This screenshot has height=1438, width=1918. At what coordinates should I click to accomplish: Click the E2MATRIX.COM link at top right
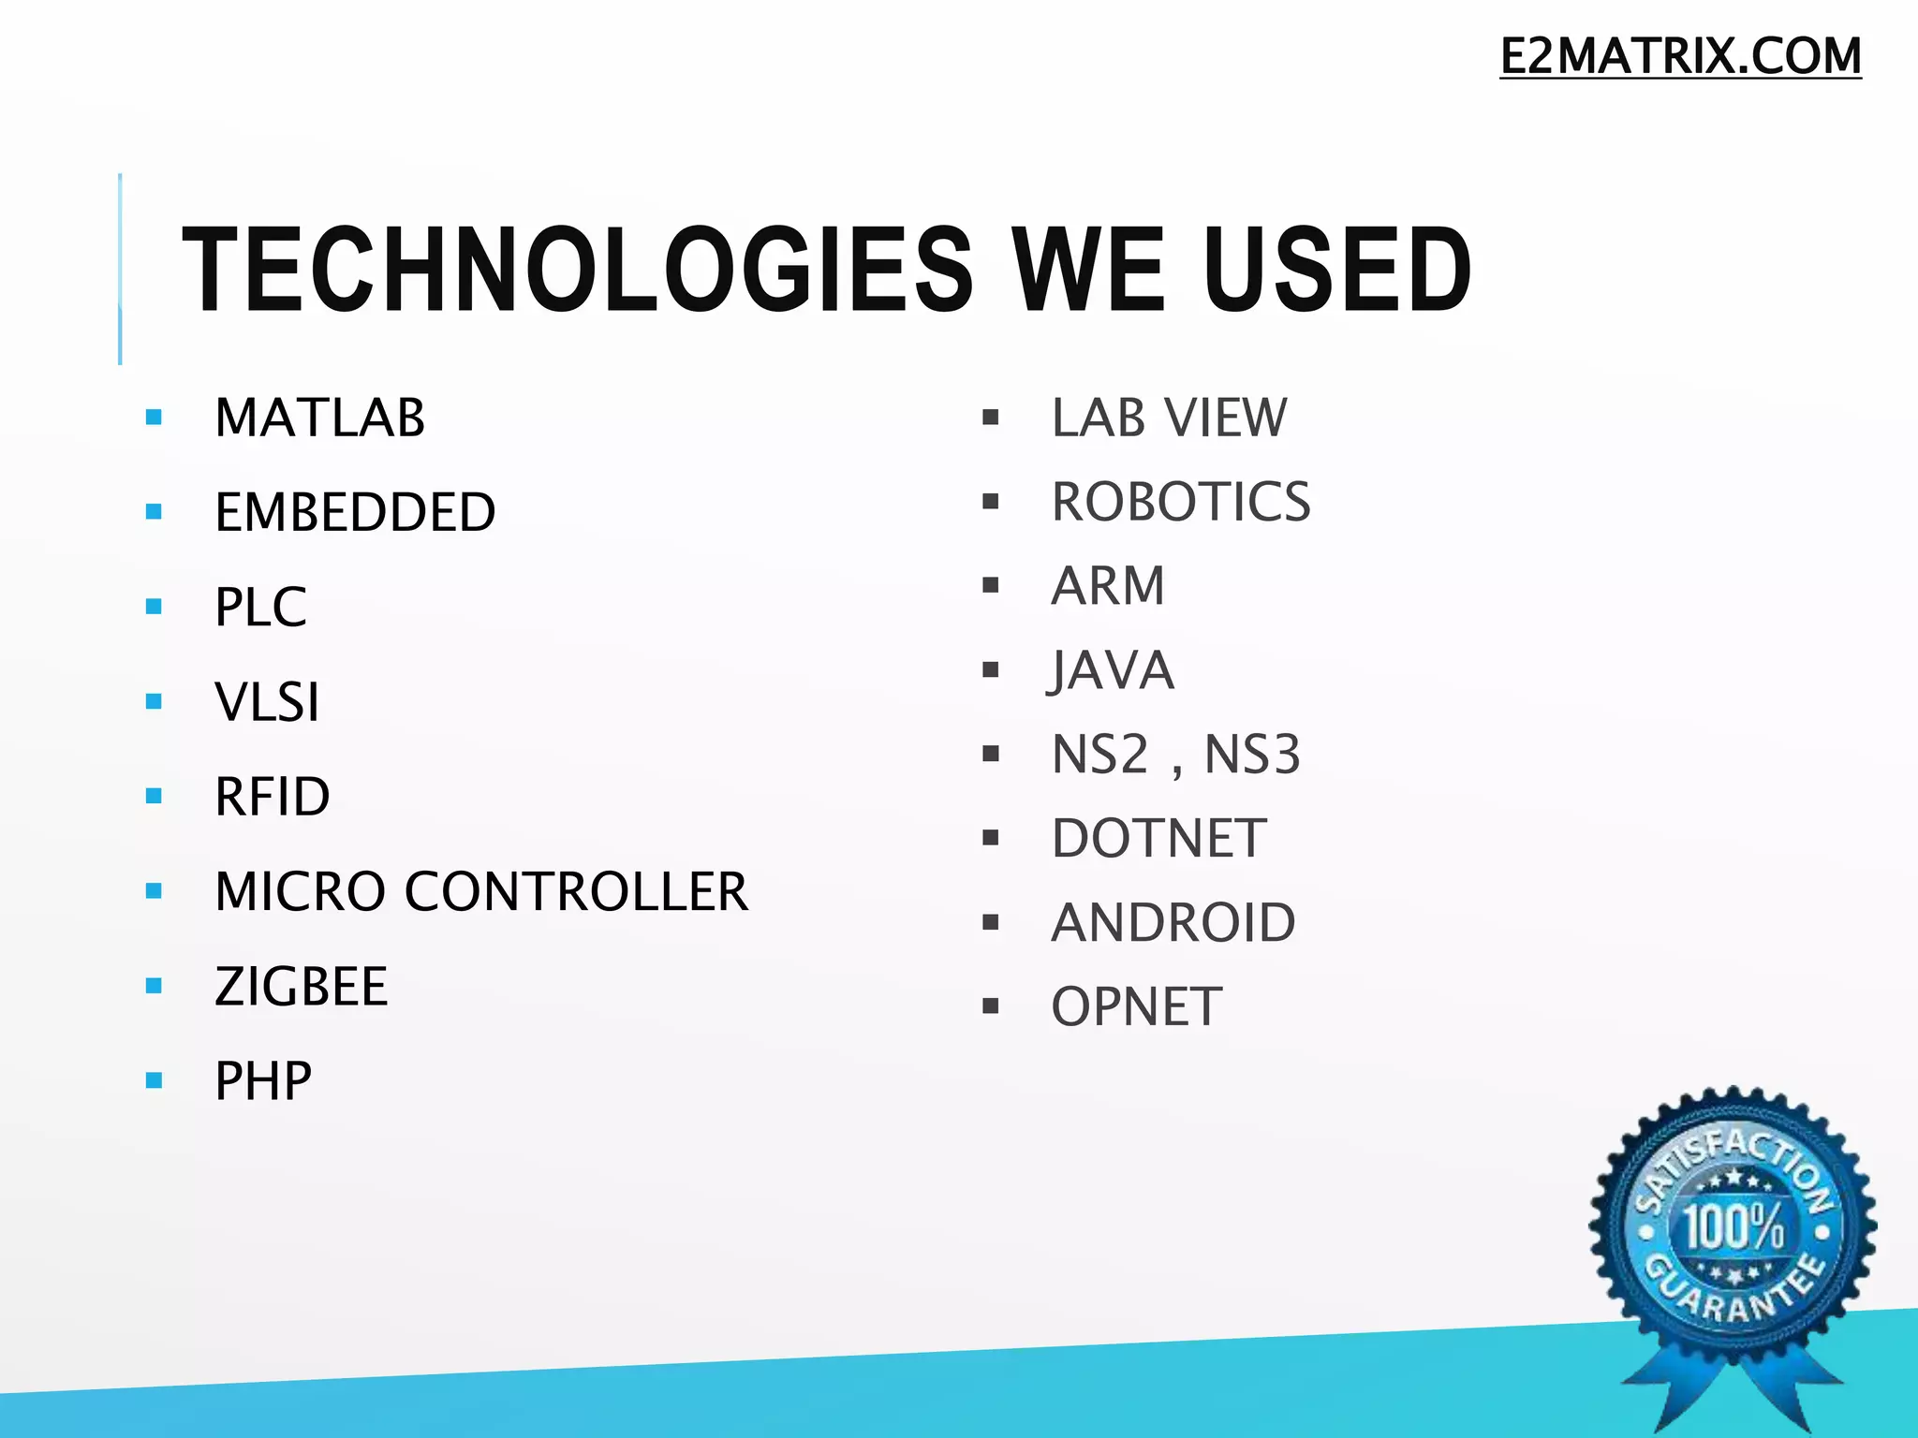pos(1680,56)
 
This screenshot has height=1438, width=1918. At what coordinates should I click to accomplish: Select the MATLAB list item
pos(319,418)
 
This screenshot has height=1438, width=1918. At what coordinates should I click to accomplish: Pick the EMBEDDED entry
pos(355,512)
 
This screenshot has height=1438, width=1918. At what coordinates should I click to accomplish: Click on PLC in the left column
pos(260,607)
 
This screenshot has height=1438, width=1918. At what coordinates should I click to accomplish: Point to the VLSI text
pos(267,701)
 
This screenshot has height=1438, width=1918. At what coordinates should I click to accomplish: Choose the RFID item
pos(272,797)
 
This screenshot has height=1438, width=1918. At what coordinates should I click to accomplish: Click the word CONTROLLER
pos(576,891)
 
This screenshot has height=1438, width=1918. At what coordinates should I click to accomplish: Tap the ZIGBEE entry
pos(301,986)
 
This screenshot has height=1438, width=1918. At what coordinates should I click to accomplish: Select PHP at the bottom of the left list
pos(263,1081)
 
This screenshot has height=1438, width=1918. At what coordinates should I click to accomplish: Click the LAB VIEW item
pos(1169,418)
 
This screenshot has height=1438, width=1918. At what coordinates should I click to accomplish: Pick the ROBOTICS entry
pos(1180,502)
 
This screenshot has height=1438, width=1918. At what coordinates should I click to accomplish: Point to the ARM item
pos(1108,586)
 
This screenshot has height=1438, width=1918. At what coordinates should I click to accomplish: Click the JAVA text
pos(1111,670)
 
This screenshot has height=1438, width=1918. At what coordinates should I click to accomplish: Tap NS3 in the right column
pos(1252,755)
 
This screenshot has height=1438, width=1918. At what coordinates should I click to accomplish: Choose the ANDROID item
pos(1173,923)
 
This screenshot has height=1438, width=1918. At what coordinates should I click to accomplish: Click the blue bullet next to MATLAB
pos(155,418)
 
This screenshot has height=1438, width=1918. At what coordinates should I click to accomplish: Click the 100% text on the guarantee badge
pos(1734,1226)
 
